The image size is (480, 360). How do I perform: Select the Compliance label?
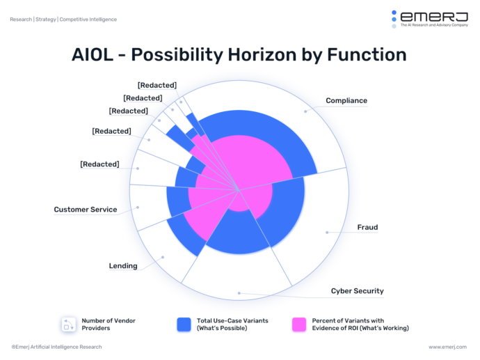click(346, 101)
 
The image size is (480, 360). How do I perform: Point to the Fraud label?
click(367, 227)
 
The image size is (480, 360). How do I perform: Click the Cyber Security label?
click(357, 291)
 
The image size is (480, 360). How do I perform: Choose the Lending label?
click(122, 266)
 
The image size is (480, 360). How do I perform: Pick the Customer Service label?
click(86, 210)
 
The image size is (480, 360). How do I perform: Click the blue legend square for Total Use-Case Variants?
click(184, 324)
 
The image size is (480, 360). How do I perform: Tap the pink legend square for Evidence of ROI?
click(299, 324)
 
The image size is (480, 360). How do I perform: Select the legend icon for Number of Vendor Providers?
click(67, 324)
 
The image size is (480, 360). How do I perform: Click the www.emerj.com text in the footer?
click(448, 347)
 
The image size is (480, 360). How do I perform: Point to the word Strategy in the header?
click(45, 19)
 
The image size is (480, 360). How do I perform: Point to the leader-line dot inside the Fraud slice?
click(327, 232)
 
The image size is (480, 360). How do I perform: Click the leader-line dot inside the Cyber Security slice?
click(239, 293)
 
